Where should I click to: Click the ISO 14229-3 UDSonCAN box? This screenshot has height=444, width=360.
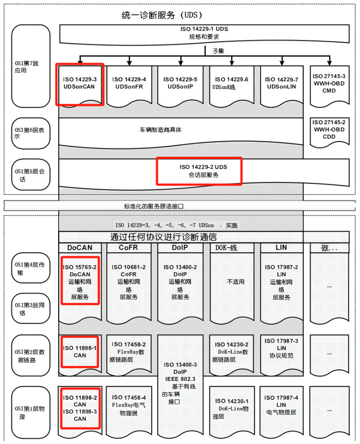tap(80, 84)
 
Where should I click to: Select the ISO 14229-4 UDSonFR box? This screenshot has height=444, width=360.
tap(129, 84)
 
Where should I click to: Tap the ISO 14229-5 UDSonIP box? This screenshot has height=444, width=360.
tap(180, 84)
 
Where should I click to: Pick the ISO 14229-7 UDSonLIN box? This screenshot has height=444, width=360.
tap(282, 84)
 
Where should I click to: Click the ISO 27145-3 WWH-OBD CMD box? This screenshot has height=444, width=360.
tap(329, 84)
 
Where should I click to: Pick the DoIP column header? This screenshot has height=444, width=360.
tap(181, 248)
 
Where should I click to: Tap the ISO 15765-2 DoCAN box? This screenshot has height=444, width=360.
tap(80, 282)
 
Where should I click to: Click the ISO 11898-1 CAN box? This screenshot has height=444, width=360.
tap(80, 351)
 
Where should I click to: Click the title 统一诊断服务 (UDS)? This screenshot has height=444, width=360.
tap(159, 15)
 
